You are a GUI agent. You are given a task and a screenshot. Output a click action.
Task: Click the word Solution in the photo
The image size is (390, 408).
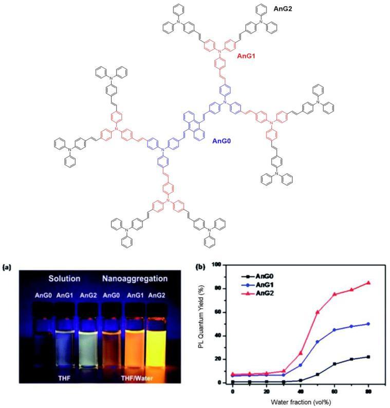click(x=64, y=279)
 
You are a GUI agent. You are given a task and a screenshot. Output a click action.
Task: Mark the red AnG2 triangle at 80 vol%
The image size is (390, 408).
click(x=368, y=283)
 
